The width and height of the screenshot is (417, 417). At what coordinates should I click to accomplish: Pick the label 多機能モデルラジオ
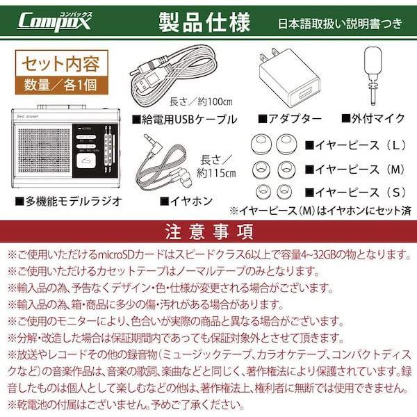coord(69,202)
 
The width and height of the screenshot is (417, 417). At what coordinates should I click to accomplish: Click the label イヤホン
coord(182,202)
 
